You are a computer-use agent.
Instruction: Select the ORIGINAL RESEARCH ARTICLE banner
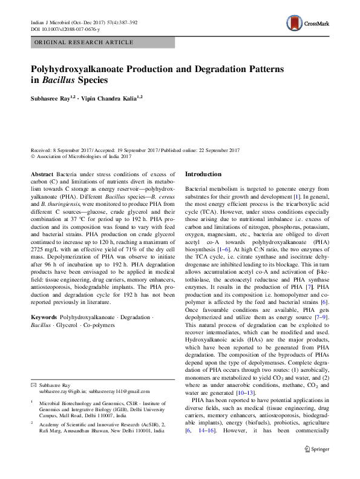[x=84, y=42]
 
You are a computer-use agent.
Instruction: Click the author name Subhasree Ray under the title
[x=53, y=97]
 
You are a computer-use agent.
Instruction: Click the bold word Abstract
[x=42, y=174]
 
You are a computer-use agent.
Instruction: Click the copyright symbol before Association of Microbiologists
[x=33, y=156]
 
